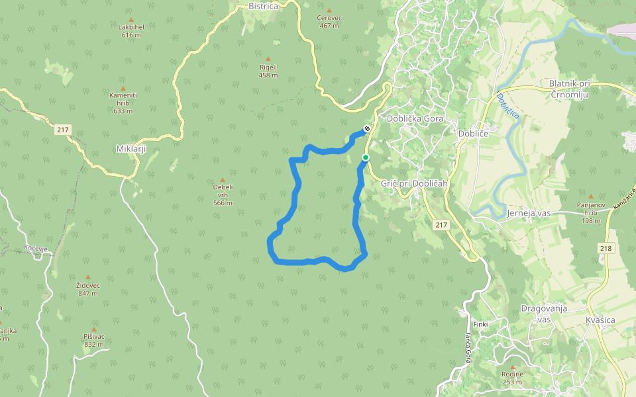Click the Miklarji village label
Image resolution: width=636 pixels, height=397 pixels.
point(131,148)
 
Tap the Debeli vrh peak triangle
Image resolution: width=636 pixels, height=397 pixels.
point(223,179)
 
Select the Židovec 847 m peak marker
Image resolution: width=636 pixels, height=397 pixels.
point(88,277)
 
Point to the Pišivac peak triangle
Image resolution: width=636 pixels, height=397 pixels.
point(93,329)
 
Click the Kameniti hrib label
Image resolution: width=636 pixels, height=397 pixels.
point(123,95)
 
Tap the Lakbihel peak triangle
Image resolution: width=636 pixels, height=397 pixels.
point(131,20)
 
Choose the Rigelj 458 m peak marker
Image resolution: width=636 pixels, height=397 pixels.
point(268,59)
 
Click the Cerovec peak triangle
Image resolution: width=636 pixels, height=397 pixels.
point(329,11)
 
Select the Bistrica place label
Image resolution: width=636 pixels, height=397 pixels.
point(263,6)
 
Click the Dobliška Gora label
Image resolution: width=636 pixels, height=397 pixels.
point(415,119)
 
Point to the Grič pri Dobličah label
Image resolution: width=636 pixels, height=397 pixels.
point(415,183)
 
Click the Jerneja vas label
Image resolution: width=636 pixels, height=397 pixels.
point(529,214)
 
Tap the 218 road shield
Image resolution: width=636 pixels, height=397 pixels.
point(605,248)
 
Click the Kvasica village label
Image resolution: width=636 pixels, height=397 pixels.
point(600,320)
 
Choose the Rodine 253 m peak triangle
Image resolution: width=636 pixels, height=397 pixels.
point(513,366)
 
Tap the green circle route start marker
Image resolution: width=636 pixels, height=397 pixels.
point(365,157)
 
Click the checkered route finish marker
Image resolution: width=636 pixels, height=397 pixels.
point(366,128)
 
